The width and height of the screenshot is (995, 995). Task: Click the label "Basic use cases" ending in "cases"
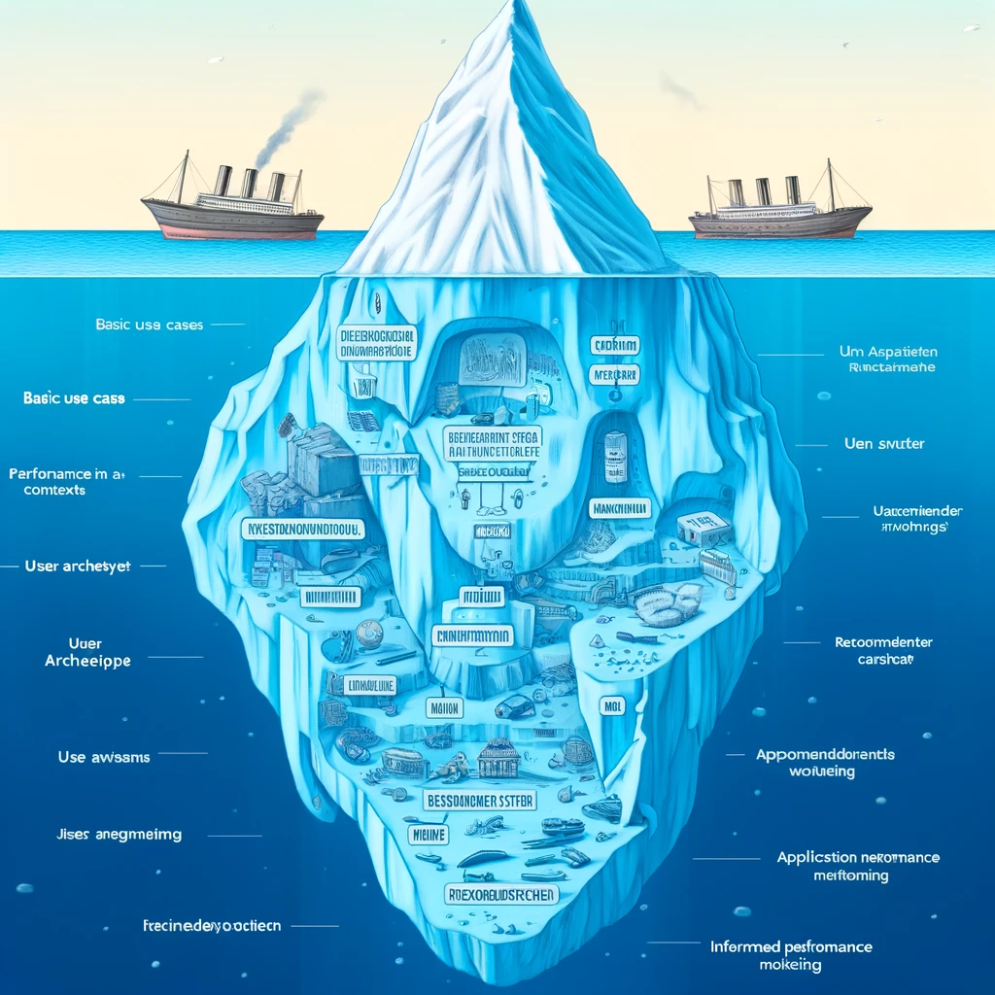(150, 325)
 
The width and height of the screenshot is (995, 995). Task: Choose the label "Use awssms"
(104, 757)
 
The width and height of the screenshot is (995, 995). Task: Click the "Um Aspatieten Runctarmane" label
(899, 360)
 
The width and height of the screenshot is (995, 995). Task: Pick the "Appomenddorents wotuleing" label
(824, 762)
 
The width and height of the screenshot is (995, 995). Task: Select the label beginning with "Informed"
(790, 955)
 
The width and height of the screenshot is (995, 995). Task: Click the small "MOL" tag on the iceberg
(612, 706)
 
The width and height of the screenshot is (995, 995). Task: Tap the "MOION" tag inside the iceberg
(444, 708)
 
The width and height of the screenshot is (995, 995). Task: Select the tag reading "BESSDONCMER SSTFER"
(478, 802)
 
